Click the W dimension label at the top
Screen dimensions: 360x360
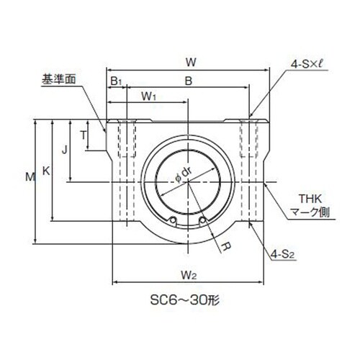click(191, 63)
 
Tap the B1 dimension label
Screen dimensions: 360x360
click(116, 81)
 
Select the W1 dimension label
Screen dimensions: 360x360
click(149, 96)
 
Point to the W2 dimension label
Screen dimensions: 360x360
click(189, 275)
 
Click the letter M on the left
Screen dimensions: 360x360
click(30, 177)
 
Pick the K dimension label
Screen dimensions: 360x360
click(46, 171)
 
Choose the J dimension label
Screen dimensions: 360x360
click(64, 150)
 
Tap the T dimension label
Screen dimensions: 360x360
click(83, 135)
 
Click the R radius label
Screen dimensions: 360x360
click(225, 246)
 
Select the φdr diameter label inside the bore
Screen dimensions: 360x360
click(184, 175)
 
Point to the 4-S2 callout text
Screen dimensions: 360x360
click(282, 254)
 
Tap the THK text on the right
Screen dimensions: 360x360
click(310, 199)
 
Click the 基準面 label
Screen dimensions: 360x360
click(59, 79)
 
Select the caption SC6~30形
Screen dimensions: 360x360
click(185, 300)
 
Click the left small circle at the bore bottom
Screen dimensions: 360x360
click(173, 220)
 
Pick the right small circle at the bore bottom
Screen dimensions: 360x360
click(202, 220)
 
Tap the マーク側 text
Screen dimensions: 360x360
click(310, 212)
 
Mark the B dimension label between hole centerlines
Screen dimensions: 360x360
click(189, 81)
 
